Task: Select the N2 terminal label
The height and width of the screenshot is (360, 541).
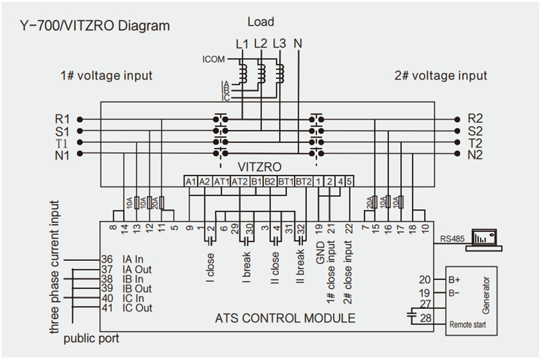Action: pos(476,155)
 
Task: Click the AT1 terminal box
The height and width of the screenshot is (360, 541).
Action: pos(222,182)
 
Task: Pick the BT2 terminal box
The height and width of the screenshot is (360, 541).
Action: pos(304,182)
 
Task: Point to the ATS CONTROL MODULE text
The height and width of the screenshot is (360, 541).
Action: pos(286,318)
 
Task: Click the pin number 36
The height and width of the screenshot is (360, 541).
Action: pos(107,259)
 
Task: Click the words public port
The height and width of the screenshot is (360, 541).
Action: pos(91,339)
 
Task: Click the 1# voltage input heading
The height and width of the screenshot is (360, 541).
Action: pos(106,76)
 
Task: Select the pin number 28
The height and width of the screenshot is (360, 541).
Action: pos(426,318)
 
